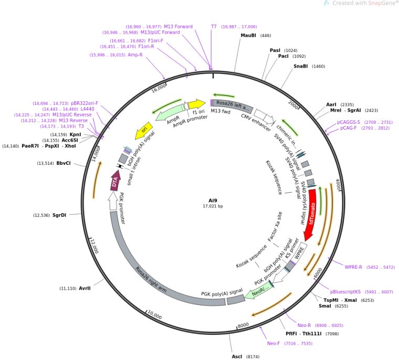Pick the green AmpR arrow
(x=166, y=111)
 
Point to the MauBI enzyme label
(x=248, y=36)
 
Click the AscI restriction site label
(x=237, y=356)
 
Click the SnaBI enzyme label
(x=301, y=67)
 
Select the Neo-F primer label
(x=274, y=343)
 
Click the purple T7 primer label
(x=214, y=26)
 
